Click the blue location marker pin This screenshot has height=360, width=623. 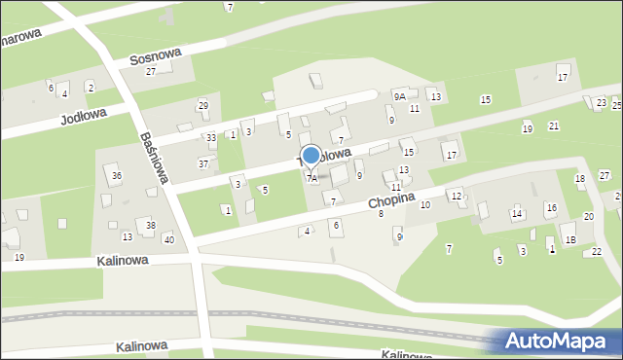(x=311, y=156)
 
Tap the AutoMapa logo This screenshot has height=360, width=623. (x=560, y=341)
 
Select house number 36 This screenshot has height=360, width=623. (x=117, y=175)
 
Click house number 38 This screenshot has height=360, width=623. (x=150, y=225)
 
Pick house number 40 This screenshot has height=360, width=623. (x=168, y=239)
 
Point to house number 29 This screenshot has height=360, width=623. (x=203, y=105)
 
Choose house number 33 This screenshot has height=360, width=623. (x=210, y=138)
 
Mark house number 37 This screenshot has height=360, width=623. (x=203, y=163)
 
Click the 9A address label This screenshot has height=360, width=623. (x=399, y=95)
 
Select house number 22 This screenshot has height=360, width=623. (x=597, y=251)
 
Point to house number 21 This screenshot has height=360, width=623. (x=554, y=126)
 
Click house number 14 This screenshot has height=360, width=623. (x=517, y=213)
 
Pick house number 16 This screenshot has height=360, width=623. (x=551, y=208)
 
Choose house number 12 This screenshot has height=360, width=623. (x=456, y=197)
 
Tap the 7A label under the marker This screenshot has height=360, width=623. (x=311, y=178)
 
